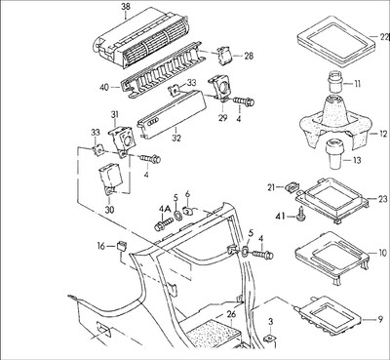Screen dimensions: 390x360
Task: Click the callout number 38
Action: (x=125, y=6)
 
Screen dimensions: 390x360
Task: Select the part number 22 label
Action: (x=383, y=36)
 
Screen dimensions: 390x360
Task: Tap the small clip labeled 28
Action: (x=224, y=55)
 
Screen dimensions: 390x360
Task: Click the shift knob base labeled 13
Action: (x=333, y=153)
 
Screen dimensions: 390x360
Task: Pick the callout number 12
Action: (x=383, y=134)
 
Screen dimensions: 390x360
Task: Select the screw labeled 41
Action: (x=299, y=215)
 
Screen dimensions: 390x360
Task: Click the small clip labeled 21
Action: (x=292, y=187)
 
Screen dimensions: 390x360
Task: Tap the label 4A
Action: (x=165, y=210)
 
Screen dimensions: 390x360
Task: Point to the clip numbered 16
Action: (x=122, y=246)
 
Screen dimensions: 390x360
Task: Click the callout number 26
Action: (x=231, y=314)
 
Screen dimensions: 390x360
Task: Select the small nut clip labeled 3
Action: (x=269, y=339)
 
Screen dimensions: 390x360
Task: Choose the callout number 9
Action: (x=380, y=320)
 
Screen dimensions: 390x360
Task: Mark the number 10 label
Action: (x=383, y=253)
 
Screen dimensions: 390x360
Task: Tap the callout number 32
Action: (x=176, y=138)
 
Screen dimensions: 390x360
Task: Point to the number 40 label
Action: (x=105, y=88)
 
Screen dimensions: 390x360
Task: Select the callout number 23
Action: (x=383, y=199)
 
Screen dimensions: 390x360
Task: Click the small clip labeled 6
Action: (x=187, y=211)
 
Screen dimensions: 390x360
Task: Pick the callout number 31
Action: (x=114, y=114)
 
